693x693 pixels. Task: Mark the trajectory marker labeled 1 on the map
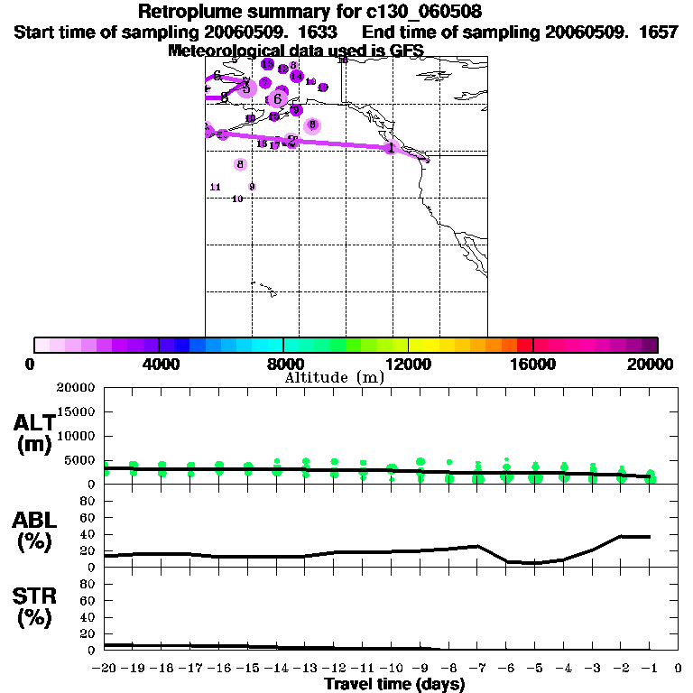click(390, 147)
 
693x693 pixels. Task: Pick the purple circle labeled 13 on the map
click(267, 64)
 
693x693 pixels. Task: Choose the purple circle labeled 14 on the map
click(296, 77)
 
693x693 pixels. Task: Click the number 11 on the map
click(215, 187)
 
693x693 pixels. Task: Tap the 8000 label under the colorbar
click(283, 364)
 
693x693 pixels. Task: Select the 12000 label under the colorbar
click(409, 364)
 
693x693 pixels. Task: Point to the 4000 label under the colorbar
click(159, 364)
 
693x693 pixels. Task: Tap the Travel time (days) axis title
click(394, 684)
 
